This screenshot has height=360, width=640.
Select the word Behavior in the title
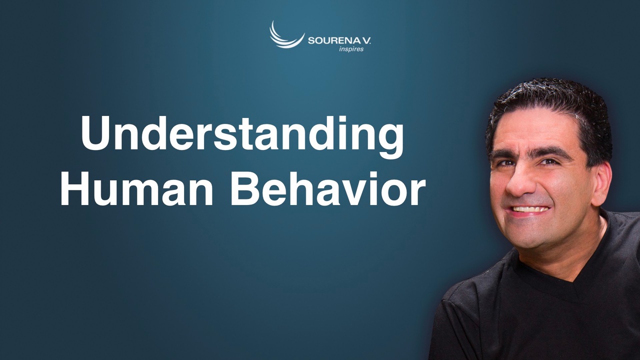click(x=328, y=189)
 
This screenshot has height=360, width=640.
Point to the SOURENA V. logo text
click(x=339, y=41)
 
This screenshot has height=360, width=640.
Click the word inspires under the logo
click(x=351, y=49)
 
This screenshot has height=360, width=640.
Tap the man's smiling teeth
click(x=530, y=209)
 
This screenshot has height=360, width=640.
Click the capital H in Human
click(x=76, y=189)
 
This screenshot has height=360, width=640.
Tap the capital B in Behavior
click(x=245, y=189)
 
